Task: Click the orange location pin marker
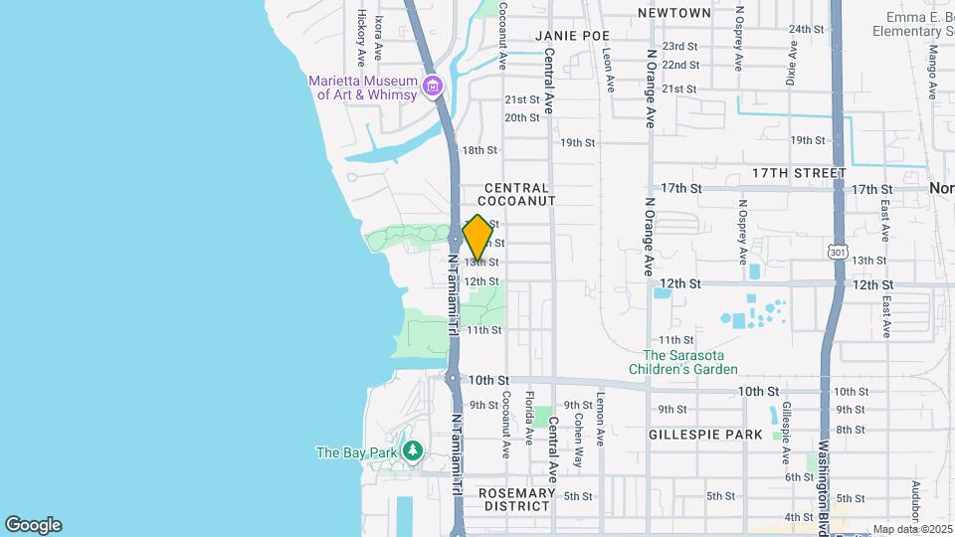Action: (477, 239)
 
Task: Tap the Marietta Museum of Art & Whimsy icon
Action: (433, 88)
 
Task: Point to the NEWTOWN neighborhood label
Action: (674, 13)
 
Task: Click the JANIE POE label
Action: (571, 36)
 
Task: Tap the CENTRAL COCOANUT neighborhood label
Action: (517, 194)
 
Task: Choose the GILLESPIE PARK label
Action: (705, 435)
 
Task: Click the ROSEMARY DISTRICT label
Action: (515, 499)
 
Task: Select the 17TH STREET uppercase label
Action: (799, 173)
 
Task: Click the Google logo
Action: (33, 524)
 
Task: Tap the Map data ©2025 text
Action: (911, 529)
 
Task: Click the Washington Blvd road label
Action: (824, 474)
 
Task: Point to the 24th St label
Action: (805, 30)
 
